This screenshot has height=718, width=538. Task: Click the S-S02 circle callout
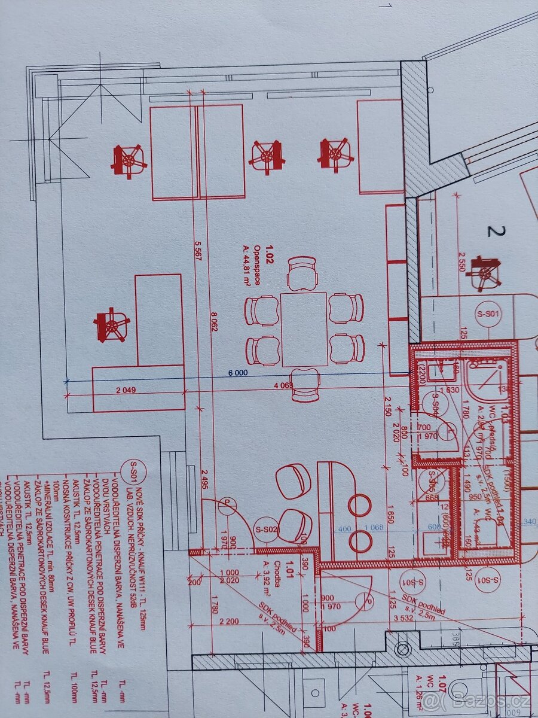(x=267, y=529)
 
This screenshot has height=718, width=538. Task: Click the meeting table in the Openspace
(x=304, y=329)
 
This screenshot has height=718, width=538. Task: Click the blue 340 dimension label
(x=528, y=521)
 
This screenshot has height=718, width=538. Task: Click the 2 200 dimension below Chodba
(x=230, y=621)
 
